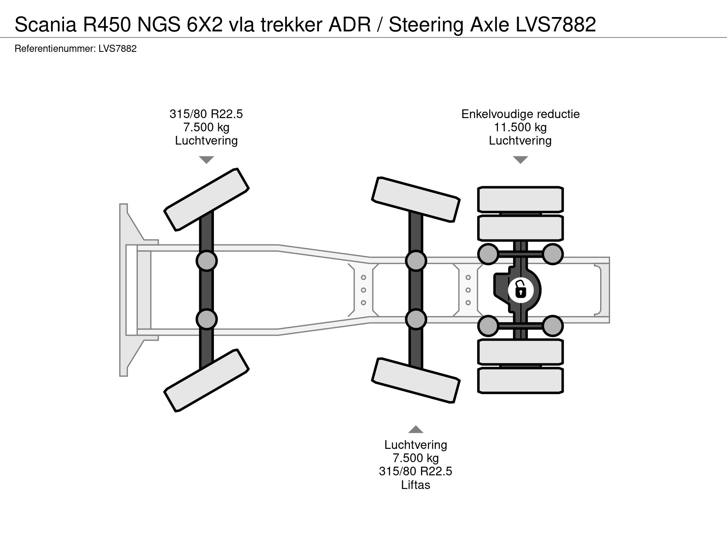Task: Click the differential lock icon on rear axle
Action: [x=521, y=290]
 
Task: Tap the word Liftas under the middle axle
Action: [x=415, y=485]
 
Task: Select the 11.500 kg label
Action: [x=520, y=127]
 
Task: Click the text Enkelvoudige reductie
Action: [x=520, y=114]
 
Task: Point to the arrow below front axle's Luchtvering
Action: [x=206, y=160]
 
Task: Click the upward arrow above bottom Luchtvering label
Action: [x=415, y=429]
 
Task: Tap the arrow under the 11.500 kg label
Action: [x=520, y=160]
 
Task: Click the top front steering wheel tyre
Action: [x=206, y=199]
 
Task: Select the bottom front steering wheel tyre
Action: [x=206, y=380]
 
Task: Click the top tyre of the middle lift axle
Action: [x=416, y=199]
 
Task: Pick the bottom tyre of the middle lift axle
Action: [x=416, y=380]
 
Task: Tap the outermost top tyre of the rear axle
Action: [x=520, y=199]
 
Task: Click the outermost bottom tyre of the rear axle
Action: [x=520, y=381]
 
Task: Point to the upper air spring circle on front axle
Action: [x=206, y=261]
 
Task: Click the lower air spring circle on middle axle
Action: [x=416, y=319]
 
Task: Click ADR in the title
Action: [x=349, y=25]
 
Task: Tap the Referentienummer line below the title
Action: [x=75, y=49]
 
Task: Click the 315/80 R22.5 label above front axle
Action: [x=206, y=114]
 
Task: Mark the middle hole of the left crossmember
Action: [x=363, y=290]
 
